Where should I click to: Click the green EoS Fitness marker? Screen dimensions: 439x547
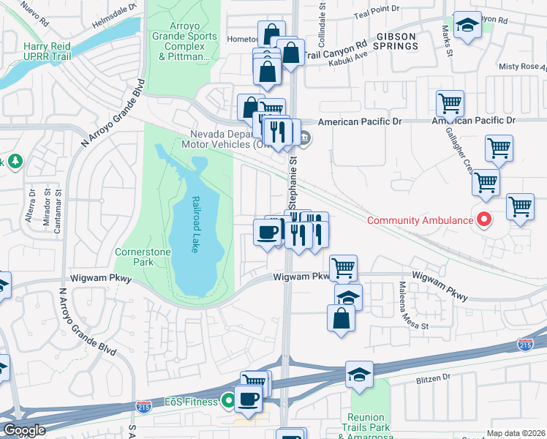click(x=228, y=401)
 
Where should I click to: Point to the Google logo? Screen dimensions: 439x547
click(x=23, y=430)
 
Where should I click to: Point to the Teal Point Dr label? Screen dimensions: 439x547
click(x=376, y=10)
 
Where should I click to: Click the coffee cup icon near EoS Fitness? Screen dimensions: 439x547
click(x=249, y=399)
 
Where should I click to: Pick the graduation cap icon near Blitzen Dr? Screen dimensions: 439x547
click(x=359, y=374)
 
